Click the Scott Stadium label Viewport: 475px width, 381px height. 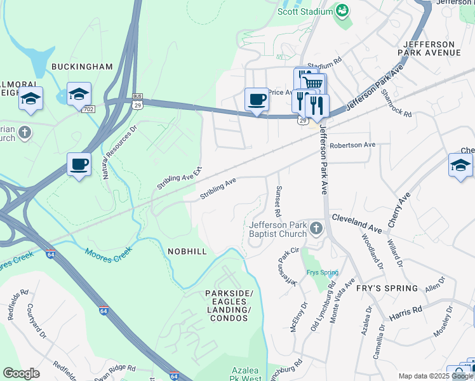click(x=305, y=11)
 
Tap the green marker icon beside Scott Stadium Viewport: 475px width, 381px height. click(x=342, y=11)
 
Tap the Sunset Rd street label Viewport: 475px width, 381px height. click(x=278, y=199)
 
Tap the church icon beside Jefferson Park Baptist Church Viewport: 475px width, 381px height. click(x=316, y=228)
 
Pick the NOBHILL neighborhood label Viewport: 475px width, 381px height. click(x=187, y=251)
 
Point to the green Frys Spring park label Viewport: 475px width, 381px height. click(x=322, y=272)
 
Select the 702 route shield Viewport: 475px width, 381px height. click(x=88, y=109)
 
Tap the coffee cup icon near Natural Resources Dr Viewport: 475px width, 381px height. click(x=79, y=164)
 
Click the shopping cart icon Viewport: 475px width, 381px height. click(x=312, y=83)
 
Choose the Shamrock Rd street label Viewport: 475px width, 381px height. click(x=398, y=103)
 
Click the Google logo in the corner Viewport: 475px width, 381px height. click(x=21, y=373)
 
